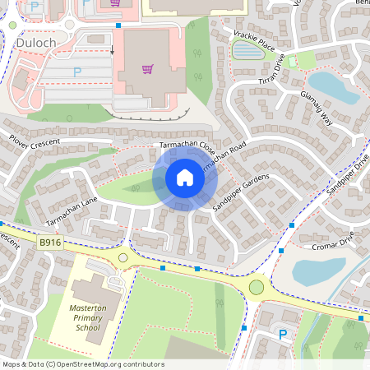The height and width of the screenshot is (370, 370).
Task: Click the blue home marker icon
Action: coord(185,177)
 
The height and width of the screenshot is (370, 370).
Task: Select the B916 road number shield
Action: coord(50,242)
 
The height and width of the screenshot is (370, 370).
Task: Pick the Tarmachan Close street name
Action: coord(187,149)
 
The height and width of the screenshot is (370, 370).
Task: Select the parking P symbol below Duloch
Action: coord(77,72)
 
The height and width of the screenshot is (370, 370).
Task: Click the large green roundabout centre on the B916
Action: coord(257,287)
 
